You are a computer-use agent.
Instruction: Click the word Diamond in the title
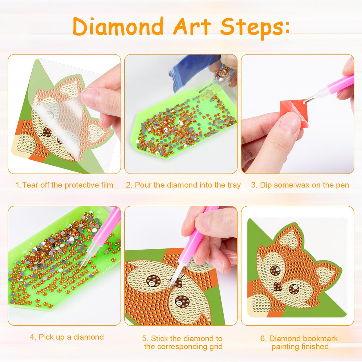[118, 27]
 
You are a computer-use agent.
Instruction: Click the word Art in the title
[192, 27]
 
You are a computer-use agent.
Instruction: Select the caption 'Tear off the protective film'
[64, 185]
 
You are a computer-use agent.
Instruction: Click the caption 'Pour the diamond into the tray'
[183, 185]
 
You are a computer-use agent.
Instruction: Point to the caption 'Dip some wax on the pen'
[300, 185]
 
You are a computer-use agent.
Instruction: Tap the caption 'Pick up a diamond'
[67, 337]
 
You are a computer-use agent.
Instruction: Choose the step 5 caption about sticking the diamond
[182, 342]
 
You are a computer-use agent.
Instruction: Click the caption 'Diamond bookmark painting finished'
[299, 342]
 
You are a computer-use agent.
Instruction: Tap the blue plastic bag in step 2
[191, 70]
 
